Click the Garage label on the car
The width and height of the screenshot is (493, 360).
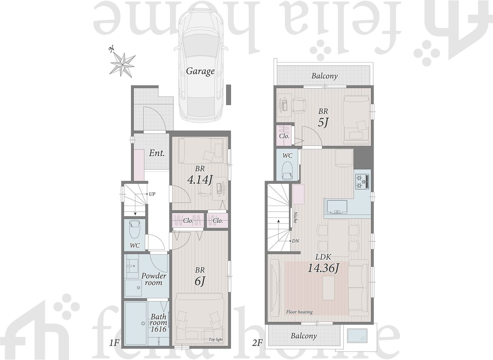(x=200, y=71)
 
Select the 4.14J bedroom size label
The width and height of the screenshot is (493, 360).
(x=200, y=180)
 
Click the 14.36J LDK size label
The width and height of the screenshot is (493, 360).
(x=323, y=268)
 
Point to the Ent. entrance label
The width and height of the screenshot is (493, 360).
(x=157, y=153)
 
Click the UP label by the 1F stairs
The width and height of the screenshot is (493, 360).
(x=152, y=194)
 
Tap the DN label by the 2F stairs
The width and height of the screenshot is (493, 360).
(x=295, y=241)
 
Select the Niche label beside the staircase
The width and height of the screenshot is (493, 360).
(x=295, y=217)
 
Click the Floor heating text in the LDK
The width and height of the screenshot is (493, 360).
(x=299, y=312)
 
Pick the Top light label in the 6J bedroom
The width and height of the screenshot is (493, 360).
(x=216, y=340)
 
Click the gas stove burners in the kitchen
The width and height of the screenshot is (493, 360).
(x=362, y=182)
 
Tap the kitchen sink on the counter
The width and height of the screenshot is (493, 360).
(x=337, y=207)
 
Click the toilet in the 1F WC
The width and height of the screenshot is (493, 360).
(x=135, y=230)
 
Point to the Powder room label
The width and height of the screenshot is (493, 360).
(x=154, y=279)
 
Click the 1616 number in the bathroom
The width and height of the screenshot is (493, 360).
(x=158, y=330)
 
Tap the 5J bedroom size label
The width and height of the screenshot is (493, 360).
(x=323, y=123)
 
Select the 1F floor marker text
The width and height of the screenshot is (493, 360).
(x=114, y=343)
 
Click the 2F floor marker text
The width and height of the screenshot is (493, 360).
(x=257, y=343)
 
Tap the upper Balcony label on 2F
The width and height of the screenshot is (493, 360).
(x=324, y=76)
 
